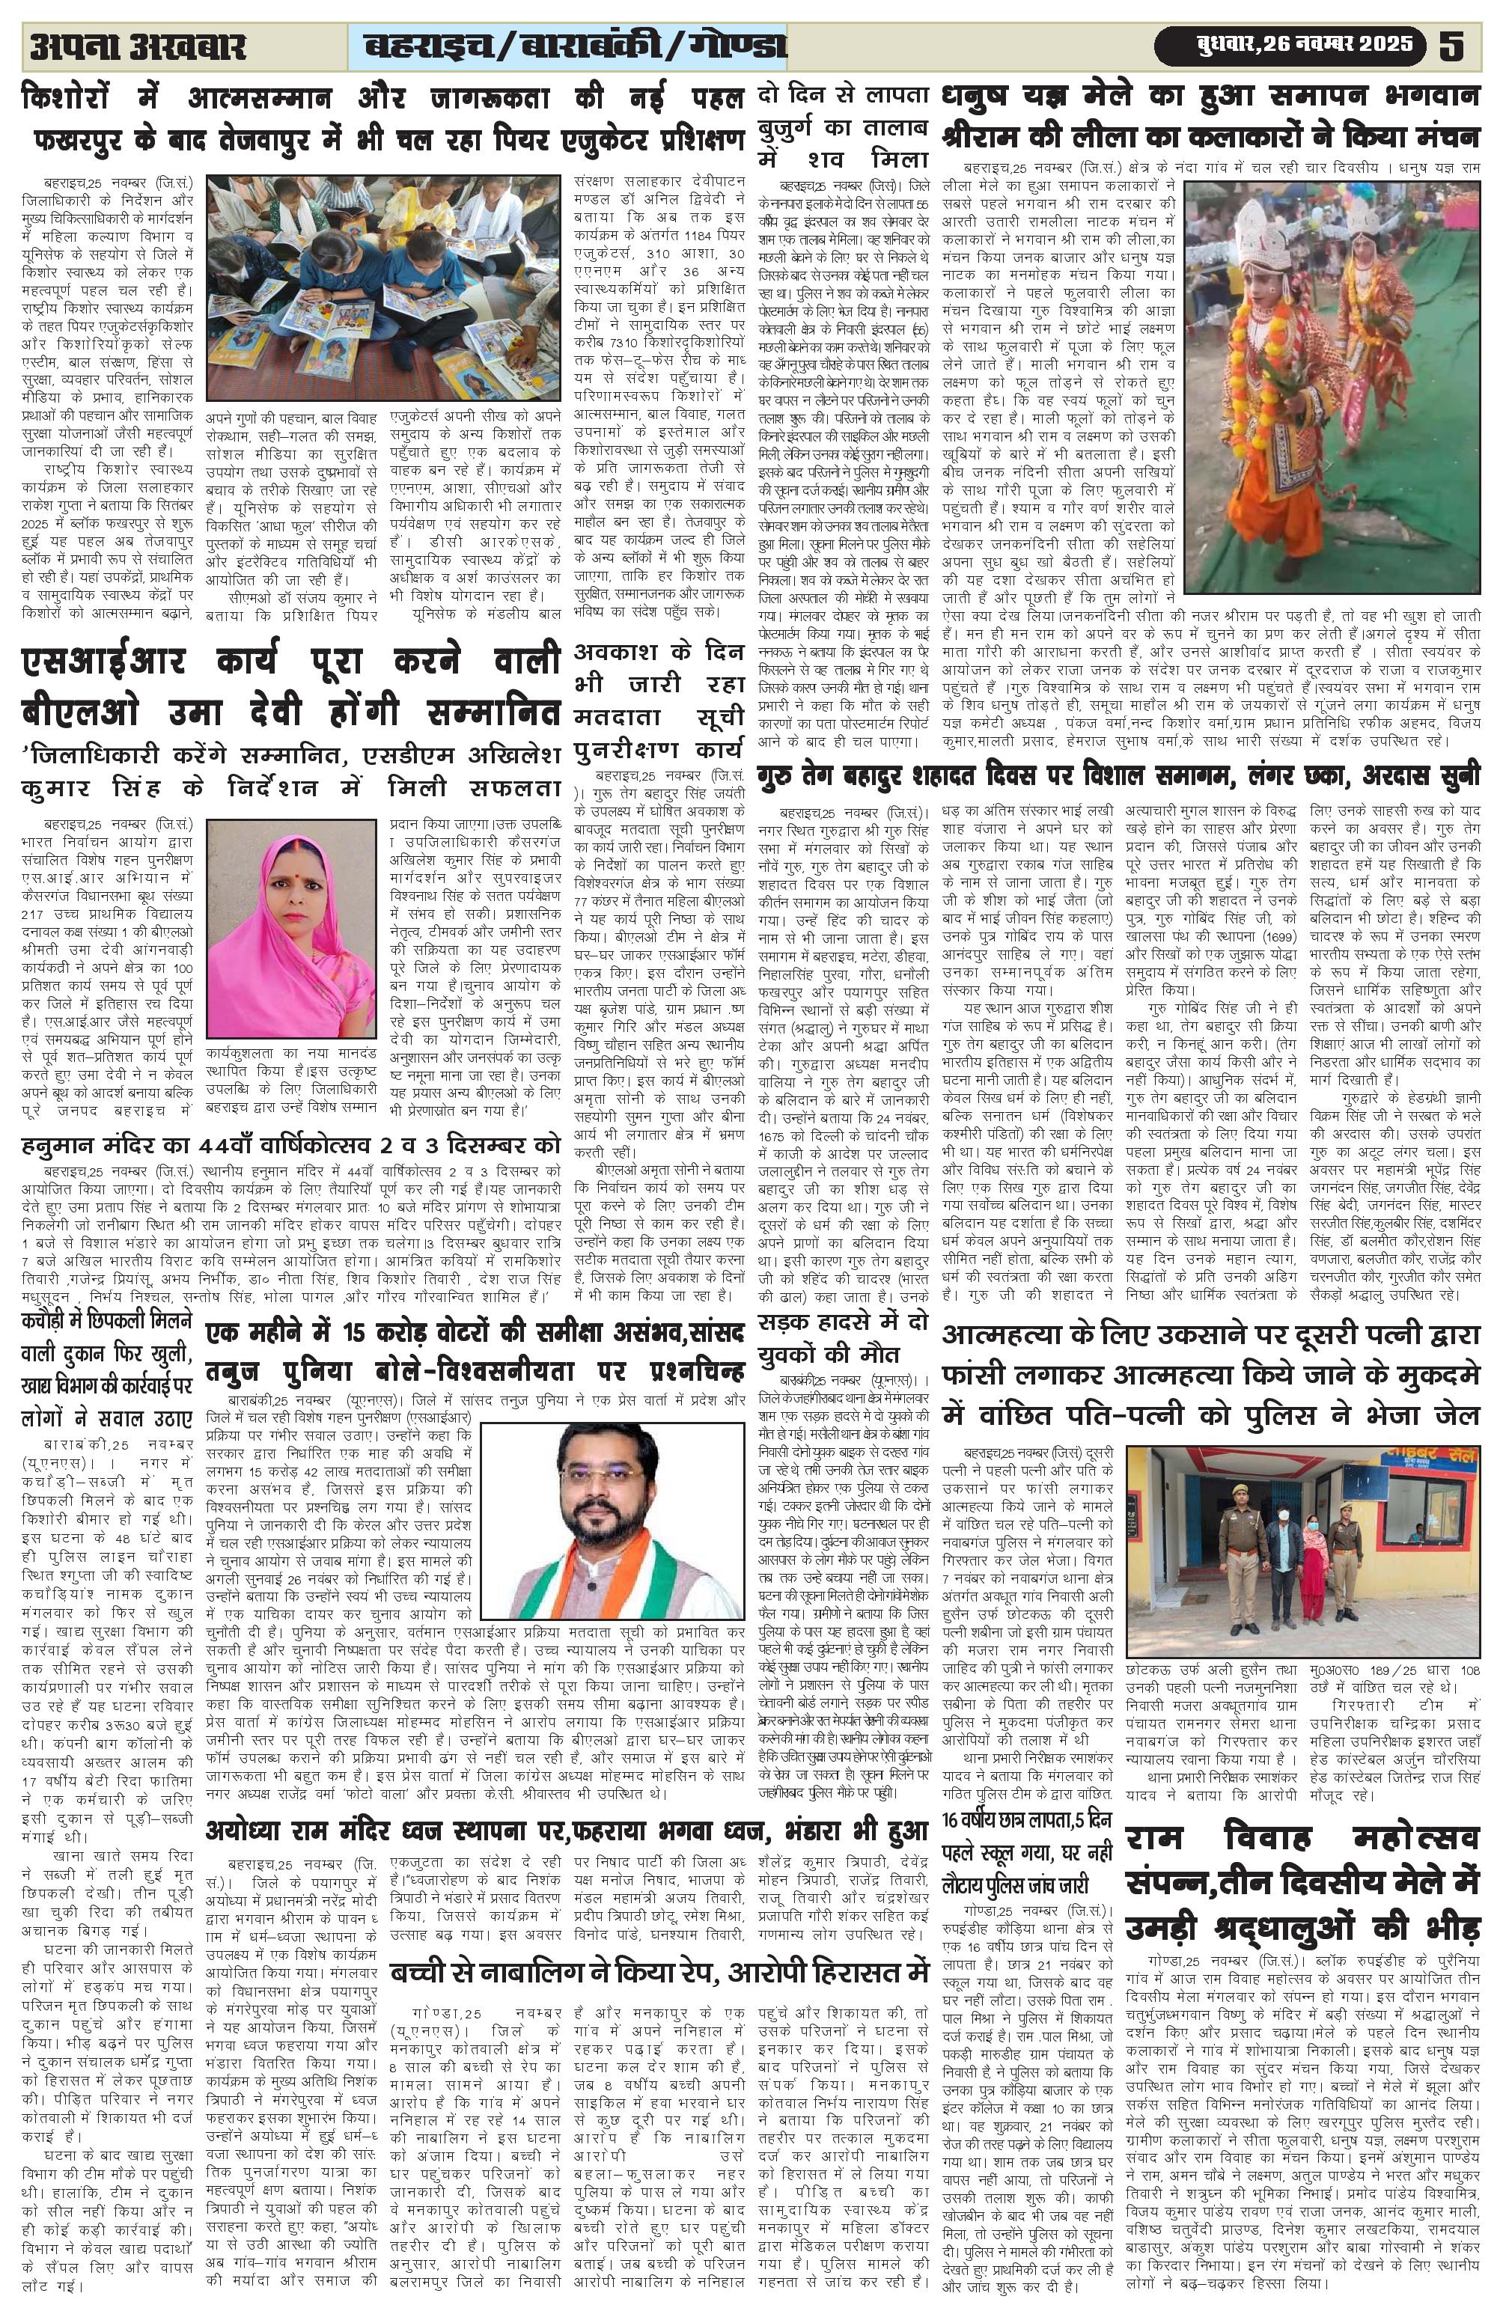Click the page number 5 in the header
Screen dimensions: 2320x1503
tap(1451, 46)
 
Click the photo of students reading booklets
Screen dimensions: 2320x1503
tap(383, 289)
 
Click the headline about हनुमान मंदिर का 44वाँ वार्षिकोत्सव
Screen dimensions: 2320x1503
tap(290, 1144)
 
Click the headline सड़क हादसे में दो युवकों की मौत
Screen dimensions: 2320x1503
tap(842, 1337)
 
